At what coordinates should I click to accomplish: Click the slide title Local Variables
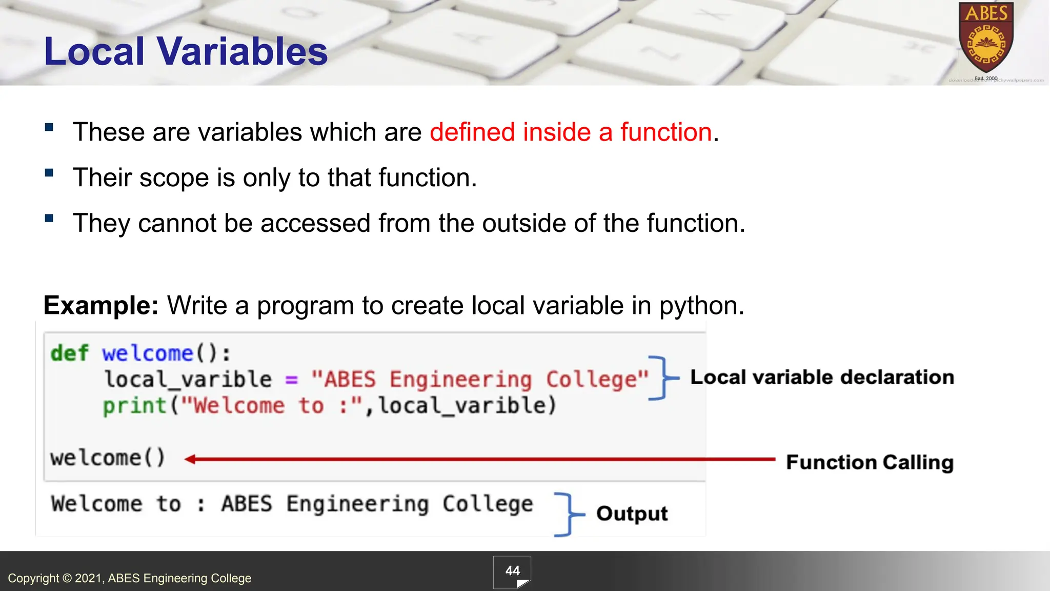[x=186, y=51]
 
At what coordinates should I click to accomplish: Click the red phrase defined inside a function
[x=571, y=132]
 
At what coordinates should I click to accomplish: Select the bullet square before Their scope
[x=49, y=173]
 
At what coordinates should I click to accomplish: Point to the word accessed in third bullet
[x=315, y=223]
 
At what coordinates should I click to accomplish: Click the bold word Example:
[x=101, y=306]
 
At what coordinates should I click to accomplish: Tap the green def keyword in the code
[x=69, y=353]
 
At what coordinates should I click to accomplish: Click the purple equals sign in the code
[x=291, y=380]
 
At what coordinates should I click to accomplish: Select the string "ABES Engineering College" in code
[x=479, y=380]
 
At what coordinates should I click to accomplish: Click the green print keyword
[x=134, y=406]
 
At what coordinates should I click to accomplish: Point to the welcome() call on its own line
[x=108, y=458]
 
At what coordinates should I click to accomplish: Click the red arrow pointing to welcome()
[x=479, y=459]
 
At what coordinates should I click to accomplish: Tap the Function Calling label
[x=870, y=462]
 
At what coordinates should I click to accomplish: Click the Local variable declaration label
[x=822, y=378]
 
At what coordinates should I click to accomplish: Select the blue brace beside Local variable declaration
[x=663, y=378]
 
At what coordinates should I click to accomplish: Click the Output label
[x=632, y=514]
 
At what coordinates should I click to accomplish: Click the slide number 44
[x=512, y=571]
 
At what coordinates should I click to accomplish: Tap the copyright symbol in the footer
[x=67, y=578]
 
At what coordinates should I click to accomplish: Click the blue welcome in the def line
[x=147, y=353]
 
